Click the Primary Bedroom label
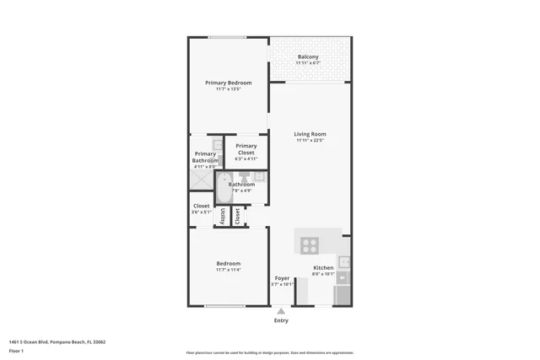coord(228,83)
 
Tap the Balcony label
coord(308,57)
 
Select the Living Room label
coord(310,134)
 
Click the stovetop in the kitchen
coord(310,246)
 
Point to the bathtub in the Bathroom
coord(223,189)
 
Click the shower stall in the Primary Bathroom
coord(202,179)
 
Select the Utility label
coord(224,216)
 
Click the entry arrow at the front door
coord(281,311)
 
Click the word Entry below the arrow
coord(281,320)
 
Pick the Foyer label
coord(282,278)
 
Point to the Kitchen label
coord(324,267)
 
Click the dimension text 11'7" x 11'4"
coord(228,270)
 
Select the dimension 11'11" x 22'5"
coord(310,141)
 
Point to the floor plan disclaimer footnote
coord(269,352)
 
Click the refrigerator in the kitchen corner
coord(343,295)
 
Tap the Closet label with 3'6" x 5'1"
coord(201,206)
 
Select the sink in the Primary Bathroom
coord(217,146)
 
